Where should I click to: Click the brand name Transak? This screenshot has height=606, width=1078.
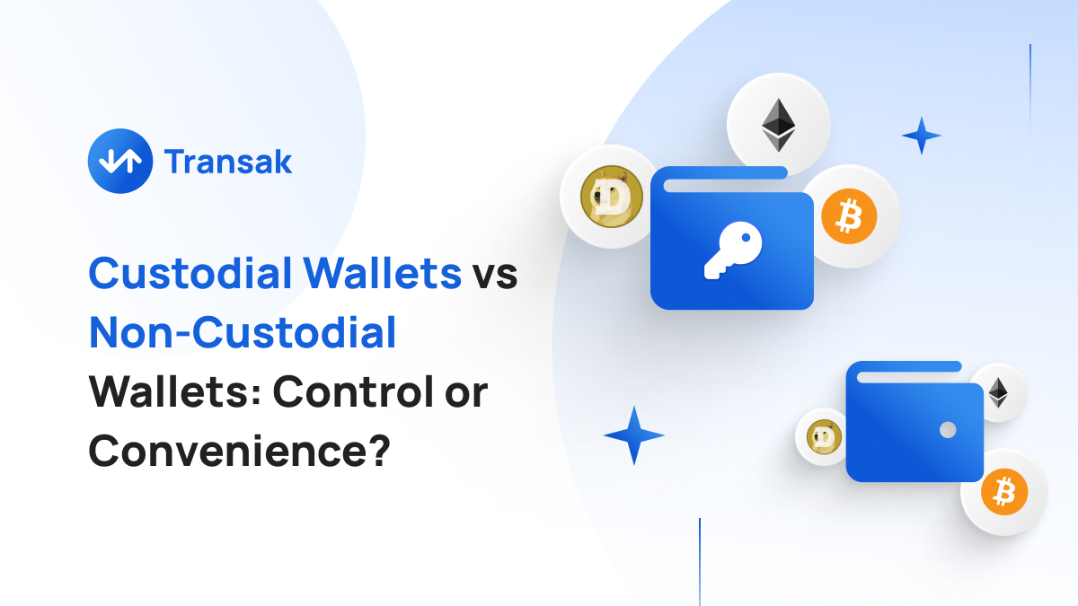coord(228,162)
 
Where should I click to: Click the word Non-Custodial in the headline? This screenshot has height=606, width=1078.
coord(243,333)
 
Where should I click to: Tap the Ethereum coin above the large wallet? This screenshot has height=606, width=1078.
coord(778,124)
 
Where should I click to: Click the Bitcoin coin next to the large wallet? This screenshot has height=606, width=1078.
coord(849,216)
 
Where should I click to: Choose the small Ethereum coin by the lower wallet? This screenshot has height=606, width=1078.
coord(997,392)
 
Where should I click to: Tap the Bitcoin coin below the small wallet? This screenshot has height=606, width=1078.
coord(1004,491)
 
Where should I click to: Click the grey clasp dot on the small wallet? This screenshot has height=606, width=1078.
coord(947,431)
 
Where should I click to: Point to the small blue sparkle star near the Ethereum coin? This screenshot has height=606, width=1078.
coord(921,136)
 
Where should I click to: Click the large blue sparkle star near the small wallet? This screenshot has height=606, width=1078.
coord(634,435)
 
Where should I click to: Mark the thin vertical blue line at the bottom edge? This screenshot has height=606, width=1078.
coord(700,561)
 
